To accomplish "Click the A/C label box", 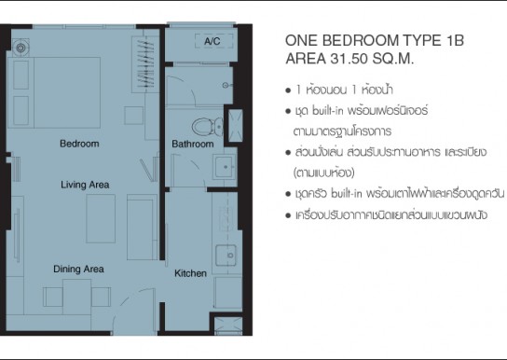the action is (x=213, y=41).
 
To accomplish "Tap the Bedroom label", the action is (x=79, y=144).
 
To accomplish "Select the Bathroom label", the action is (x=193, y=144).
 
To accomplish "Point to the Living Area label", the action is (x=85, y=185).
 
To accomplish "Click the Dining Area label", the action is (x=78, y=270).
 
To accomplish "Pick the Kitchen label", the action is (x=190, y=273).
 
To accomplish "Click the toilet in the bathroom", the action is (x=208, y=127).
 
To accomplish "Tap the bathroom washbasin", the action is (x=225, y=167).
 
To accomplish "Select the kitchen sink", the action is (x=226, y=256).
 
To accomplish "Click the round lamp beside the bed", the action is (x=21, y=48).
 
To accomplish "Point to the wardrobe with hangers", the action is (x=145, y=64).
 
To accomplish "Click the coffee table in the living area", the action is (x=101, y=218).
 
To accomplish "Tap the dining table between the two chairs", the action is (x=77, y=297).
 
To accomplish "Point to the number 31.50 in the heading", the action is (x=349, y=59).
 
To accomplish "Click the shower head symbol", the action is (x=226, y=86).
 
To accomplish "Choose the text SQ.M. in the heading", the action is (x=393, y=59).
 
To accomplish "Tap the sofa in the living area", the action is (x=142, y=227).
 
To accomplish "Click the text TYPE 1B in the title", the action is (x=433, y=41).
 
